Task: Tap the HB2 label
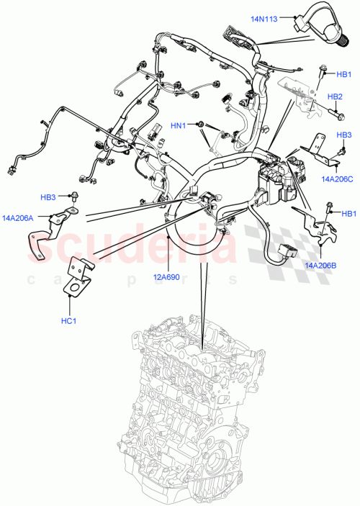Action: point(335,96)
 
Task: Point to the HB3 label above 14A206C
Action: point(344,135)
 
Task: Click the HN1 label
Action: point(179,125)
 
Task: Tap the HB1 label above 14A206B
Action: point(348,213)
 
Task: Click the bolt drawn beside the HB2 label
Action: point(333,112)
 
